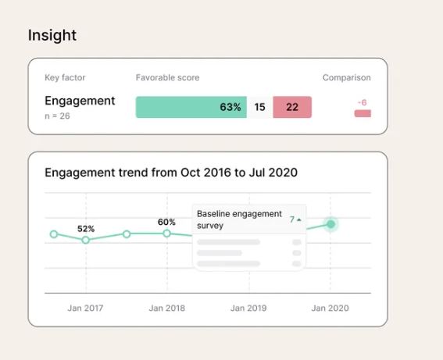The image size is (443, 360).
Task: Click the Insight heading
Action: pos(52,35)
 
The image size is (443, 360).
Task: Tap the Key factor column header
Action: pos(65,77)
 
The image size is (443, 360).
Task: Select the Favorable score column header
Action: pos(167,77)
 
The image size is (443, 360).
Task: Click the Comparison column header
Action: pos(347,77)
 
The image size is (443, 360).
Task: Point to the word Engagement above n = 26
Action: pos(80,101)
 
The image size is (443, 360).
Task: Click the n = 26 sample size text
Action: pos(57,116)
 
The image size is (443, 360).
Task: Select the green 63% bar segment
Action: pos(191,107)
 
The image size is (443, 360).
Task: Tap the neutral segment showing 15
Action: pos(259,107)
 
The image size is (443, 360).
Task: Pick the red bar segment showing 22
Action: pos(292,107)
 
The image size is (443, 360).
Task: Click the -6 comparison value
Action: pos(363,102)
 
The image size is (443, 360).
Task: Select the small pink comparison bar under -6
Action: pos(363,113)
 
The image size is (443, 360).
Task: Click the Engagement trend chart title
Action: pos(171,173)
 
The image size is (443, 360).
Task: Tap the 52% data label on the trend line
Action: pos(86,229)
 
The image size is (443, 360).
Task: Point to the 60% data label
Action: pos(166,223)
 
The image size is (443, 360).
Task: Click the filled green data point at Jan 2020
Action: pos(330,224)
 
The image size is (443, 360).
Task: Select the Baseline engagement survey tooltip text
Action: pos(239,219)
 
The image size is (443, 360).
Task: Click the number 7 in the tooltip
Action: pos(292,219)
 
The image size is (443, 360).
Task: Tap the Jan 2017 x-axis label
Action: pos(85,308)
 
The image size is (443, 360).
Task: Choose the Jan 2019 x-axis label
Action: pos(248,308)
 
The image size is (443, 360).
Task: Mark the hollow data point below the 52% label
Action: pos(86,240)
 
